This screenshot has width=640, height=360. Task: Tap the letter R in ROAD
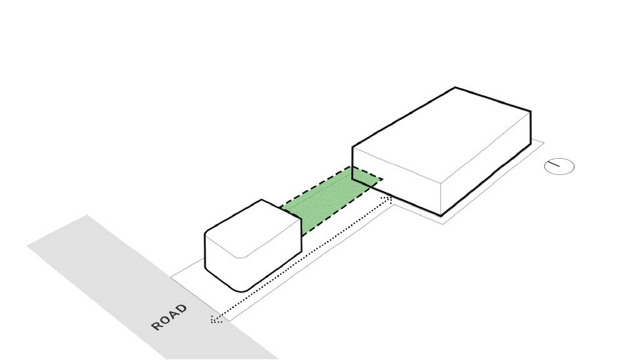pyautogui.click(x=156, y=326)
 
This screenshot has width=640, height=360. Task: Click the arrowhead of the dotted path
pyautogui.click(x=214, y=320)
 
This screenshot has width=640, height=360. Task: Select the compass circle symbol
pyautogui.click(x=559, y=166)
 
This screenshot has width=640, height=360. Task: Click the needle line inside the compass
pyautogui.click(x=554, y=165)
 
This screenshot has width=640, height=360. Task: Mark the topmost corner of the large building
pyautogui.click(x=455, y=87)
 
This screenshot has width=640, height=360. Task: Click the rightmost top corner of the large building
pyautogui.click(x=531, y=112)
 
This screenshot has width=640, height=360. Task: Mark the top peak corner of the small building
pyautogui.click(x=261, y=200)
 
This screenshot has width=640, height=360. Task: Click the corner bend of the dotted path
pyautogui.click(x=391, y=198)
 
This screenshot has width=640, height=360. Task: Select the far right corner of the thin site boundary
pyautogui.click(x=543, y=143)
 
